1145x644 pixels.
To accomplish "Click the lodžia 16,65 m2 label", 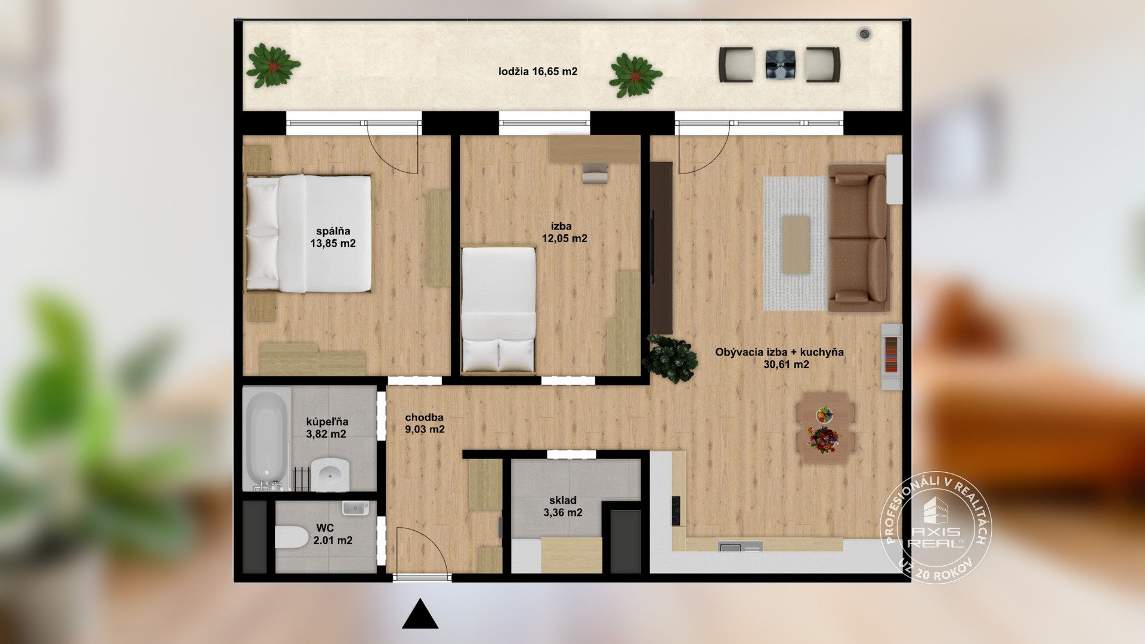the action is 538,72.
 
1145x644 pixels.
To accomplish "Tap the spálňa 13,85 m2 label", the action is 333,237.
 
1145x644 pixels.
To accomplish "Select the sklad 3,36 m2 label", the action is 563,506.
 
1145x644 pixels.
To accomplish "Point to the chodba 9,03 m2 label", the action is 425,423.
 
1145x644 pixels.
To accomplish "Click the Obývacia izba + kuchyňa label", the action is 779,352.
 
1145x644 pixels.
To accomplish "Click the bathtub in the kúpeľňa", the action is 267,440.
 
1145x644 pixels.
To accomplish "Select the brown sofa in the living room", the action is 858,239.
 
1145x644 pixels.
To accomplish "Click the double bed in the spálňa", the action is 309,234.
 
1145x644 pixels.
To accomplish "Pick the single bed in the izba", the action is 499,309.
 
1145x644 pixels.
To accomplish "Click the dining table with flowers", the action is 825,427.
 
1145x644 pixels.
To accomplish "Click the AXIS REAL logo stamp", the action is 936,529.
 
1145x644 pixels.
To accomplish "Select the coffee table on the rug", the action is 796,245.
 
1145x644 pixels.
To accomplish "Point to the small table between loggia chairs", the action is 781,64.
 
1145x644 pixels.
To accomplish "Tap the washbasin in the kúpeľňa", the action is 331,474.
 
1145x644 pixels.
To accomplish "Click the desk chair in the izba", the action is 595,172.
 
